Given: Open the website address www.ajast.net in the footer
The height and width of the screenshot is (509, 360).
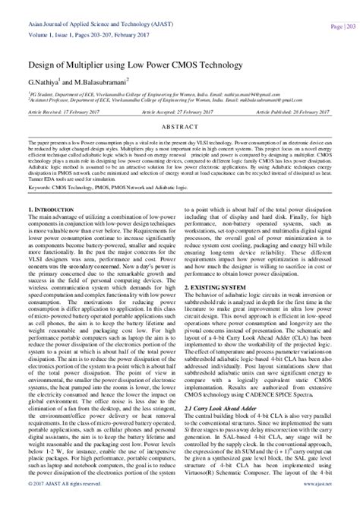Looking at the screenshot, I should (317, 503).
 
